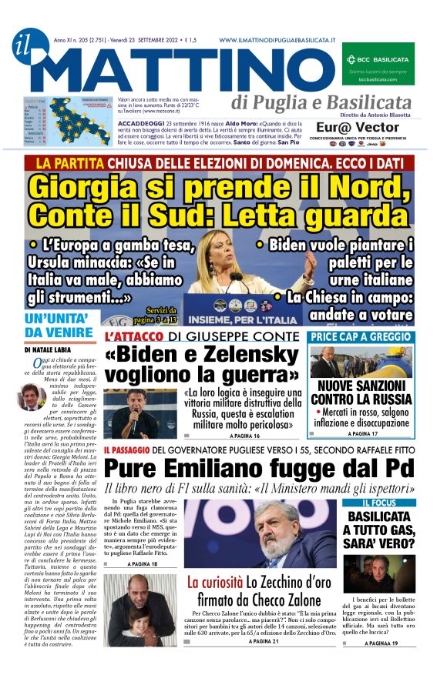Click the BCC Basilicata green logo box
point(378,63)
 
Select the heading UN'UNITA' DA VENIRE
point(59,325)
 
